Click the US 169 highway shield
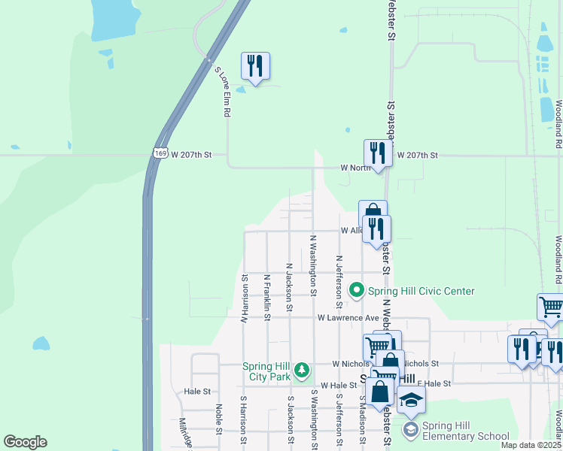pyautogui.click(x=159, y=153)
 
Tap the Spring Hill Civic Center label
pyautogui.click(x=421, y=291)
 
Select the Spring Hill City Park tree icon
pyautogui.click(x=302, y=370)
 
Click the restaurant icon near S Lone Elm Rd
pyautogui.click(x=255, y=66)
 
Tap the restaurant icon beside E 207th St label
pyautogui.click(x=376, y=153)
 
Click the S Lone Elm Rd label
pyautogui.click(x=223, y=92)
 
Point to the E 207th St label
pyautogui.click(x=417, y=154)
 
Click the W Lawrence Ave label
pyautogui.click(x=348, y=318)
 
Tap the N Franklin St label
pyautogui.click(x=266, y=297)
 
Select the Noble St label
pyautogui.click(x=218, y=419)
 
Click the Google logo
pyautogui.click(x=25, y=442)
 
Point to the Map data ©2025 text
pyautogui.click(x=531, y=445)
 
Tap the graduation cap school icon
pyautogui.click(x=411, y=400)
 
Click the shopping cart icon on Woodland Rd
pyautogui.click(x=551, y=307)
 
